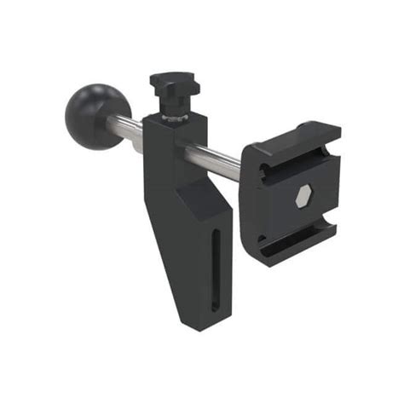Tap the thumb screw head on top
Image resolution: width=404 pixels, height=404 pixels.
click(175, 84)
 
